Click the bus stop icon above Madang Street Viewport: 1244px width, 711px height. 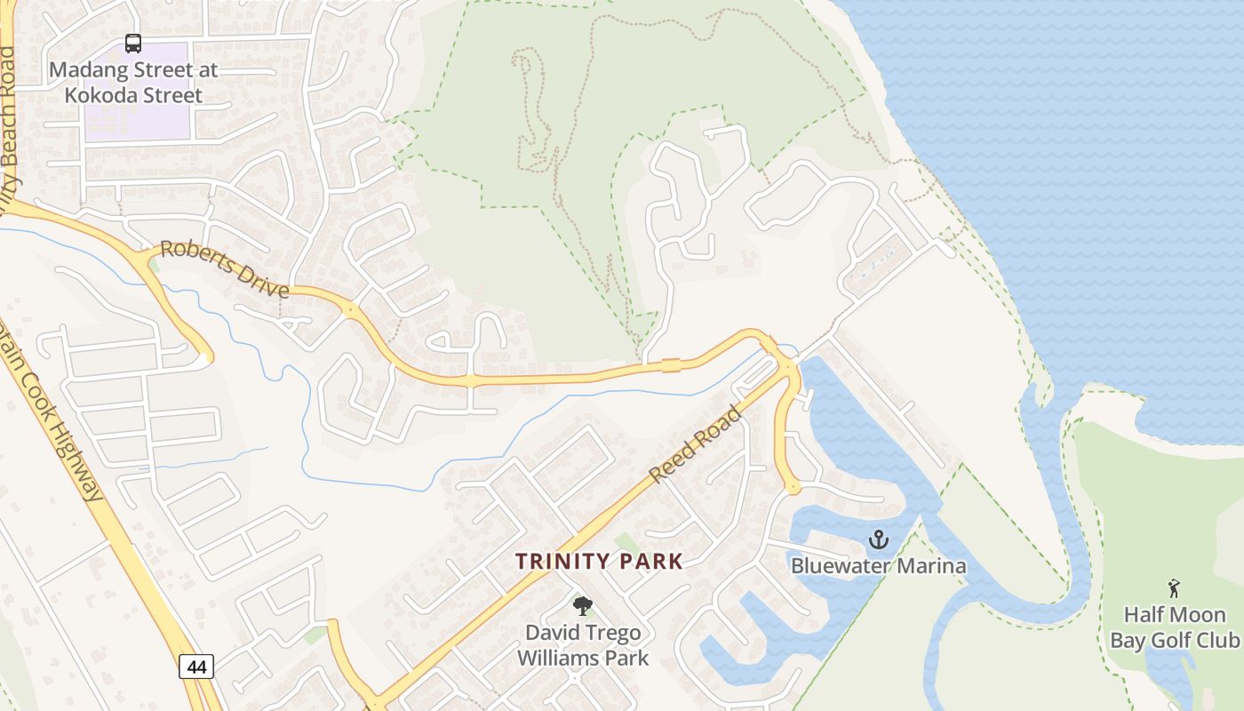tap(132, 43)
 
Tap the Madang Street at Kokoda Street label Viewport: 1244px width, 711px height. tap(133, 82)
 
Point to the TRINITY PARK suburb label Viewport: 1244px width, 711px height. tap(600, 561)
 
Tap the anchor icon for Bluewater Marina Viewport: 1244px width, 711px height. tap(878, 539)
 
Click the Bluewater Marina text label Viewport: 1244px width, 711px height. tap(878, 565)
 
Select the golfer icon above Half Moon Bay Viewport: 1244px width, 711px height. tap(1174, 587)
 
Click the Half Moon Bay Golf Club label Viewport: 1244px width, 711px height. tap(1174, 627)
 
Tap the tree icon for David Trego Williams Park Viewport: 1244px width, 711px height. tap(583, 607)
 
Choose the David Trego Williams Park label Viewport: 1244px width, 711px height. tap(583, 645)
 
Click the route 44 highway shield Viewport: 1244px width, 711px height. tap(195, 665)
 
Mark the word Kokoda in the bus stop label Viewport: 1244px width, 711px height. tap(99, 95)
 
